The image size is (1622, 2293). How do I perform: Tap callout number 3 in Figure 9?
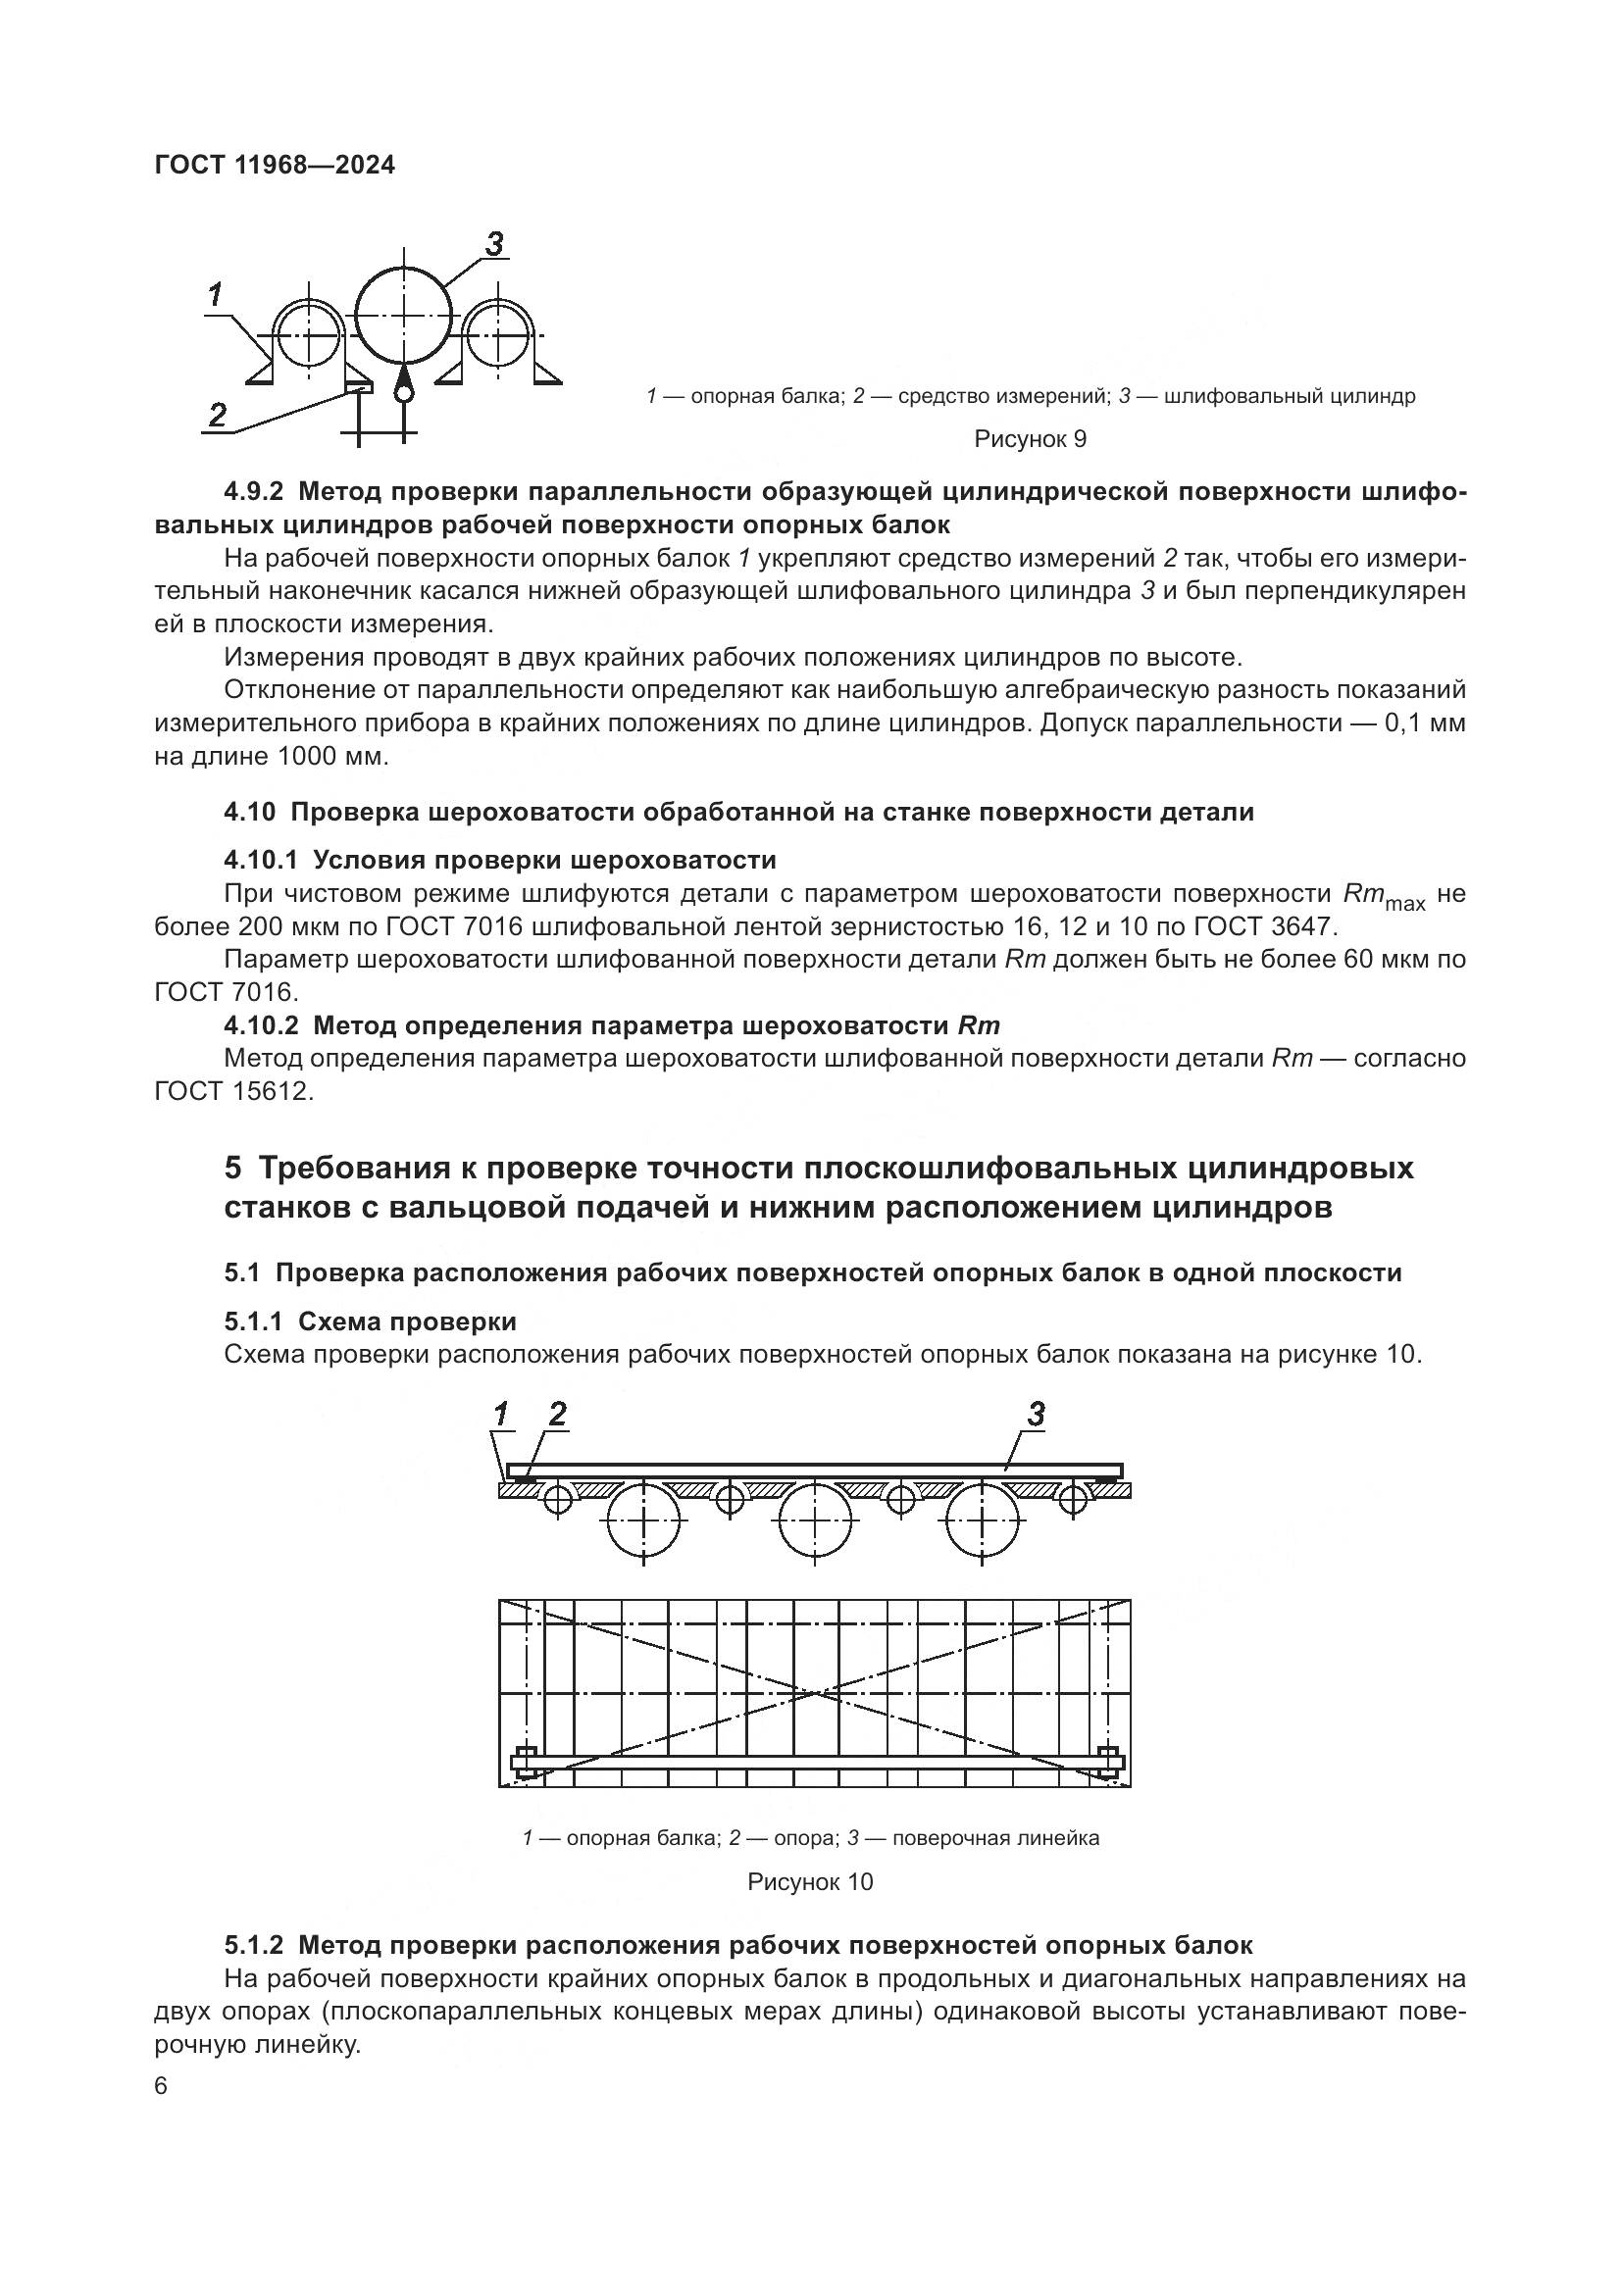click(x=493, y=244)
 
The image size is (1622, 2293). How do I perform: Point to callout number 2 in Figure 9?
click(x=218, y=415)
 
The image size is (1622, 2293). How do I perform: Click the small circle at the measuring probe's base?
click(x=402, y=393)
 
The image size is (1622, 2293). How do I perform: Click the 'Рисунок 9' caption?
click(x=1030, y=439)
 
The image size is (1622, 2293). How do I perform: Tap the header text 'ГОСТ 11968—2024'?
click(x=275, y=165)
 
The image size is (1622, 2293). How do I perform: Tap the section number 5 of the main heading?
click(x=232, y=1169)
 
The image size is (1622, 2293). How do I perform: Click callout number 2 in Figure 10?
click(x=557, y=1415)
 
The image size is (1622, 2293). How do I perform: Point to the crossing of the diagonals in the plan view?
click(x=815, y=1694)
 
